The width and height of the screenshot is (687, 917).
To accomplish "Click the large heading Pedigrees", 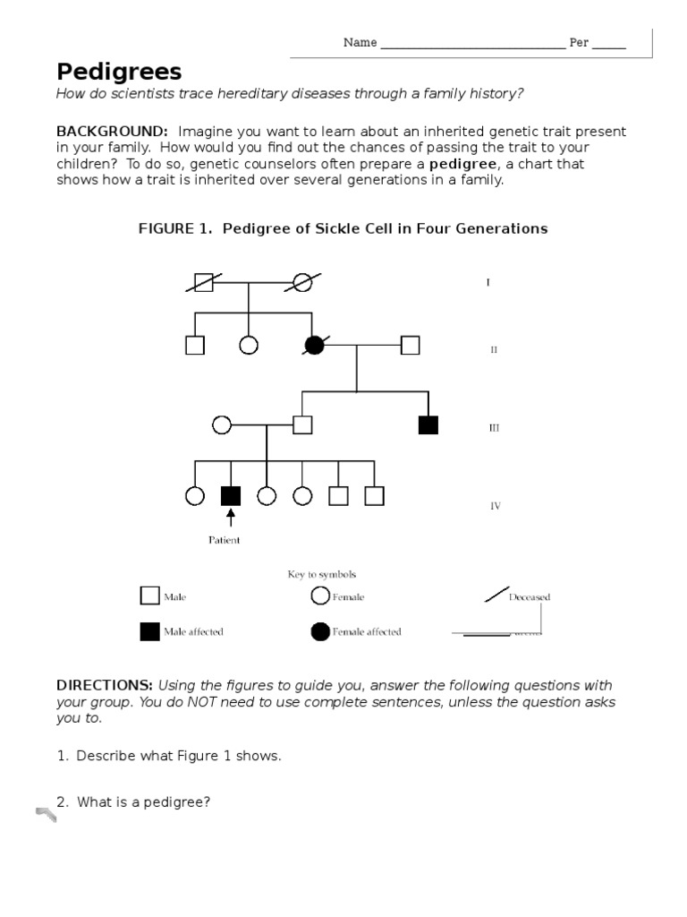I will pyautogui.click(x=119, y=72).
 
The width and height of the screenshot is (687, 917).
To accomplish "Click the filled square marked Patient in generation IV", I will pyautogui.click(x=231, y=495).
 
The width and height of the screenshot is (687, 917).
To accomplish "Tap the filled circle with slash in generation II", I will pyautogui.click(x=314, y=345).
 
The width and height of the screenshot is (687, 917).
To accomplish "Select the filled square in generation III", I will pyautogui.click(x=428, y=424).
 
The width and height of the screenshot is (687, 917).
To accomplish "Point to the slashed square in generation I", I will pyautogui.click(x=204, y=282).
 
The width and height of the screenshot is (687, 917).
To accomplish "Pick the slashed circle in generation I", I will pyautogui.click(x=303, y=282).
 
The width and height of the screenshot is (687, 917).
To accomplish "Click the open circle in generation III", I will pyautogui.click(x=222, y=424).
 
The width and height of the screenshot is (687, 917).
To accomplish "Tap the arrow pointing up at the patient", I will pyautogui.click(x=231, y=518).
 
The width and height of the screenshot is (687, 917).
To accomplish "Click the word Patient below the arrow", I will pyautogui.click(x=224, y=540).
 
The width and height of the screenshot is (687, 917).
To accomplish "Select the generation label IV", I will pyautogui.click(x=495, y=506).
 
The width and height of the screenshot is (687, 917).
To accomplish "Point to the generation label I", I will pyautogui.click(x=488, y=283).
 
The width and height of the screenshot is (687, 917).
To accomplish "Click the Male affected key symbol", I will pyautogui.click(x=149, y=631).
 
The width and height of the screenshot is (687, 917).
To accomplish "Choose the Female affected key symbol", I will pyautogui.click(x=320, y=631).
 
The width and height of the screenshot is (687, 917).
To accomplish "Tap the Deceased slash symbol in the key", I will pyautogui.click(x=495, y=595).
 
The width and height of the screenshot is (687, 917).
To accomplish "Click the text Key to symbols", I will pyautogui.click(x=322, y=574).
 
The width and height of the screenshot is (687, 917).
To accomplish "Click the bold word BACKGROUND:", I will pyautogui.click(x=112, y=132).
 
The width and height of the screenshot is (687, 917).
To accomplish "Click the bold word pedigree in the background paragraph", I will pyautogui.click(x=462, y=164).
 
